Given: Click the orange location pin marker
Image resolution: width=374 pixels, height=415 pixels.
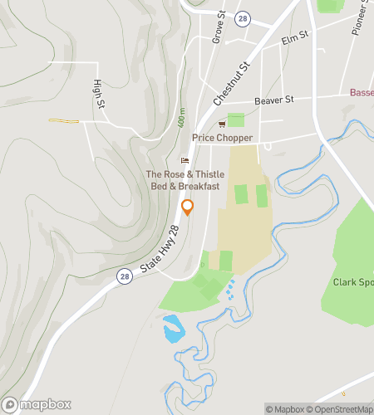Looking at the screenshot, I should pyautogui.click(x=188, y=207).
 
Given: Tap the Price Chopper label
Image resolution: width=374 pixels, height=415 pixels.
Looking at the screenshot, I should pyautogui.click(x=221, y=138).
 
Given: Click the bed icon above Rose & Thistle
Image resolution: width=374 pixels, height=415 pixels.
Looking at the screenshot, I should pyautogui.click(x=185, y=161).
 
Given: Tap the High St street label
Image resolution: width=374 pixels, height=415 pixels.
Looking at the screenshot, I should pyautogui.click(x=99, y=93).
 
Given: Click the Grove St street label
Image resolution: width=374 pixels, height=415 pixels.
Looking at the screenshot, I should pyautogui.click(x=219, y=27).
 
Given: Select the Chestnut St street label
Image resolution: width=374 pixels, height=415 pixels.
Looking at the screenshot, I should pyautogui.click(x=232, y=82).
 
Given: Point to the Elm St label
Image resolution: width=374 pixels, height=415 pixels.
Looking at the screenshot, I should pyautogui.click(x=295, y=37).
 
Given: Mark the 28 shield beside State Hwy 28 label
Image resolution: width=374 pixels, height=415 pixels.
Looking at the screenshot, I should pyautogui.click(x=123, y=276).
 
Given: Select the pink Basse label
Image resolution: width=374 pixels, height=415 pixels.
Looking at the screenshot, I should pyautogui.click(x=362, y=92).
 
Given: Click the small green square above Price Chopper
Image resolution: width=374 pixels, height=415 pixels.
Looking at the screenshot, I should pyautogui.click(x=236, y=120).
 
